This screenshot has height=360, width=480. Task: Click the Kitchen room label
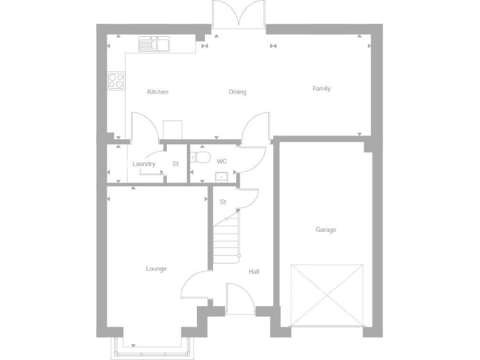point(157,92)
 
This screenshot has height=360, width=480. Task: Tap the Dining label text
point(237,92)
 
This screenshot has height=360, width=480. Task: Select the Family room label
point(321,89)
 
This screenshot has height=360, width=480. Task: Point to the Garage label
point(326,230)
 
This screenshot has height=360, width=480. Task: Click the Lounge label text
point(156,269)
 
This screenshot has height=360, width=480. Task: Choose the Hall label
point(254,272)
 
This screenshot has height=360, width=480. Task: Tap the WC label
point(222,161)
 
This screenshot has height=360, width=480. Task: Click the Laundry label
point(144,164)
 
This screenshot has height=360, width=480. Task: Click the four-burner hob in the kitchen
point(116,80)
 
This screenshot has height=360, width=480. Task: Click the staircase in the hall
point(226,241)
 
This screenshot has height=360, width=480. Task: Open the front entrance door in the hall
point(239,299)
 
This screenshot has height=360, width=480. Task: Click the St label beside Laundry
point(176,164)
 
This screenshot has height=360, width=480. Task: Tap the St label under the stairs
point(223,202)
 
